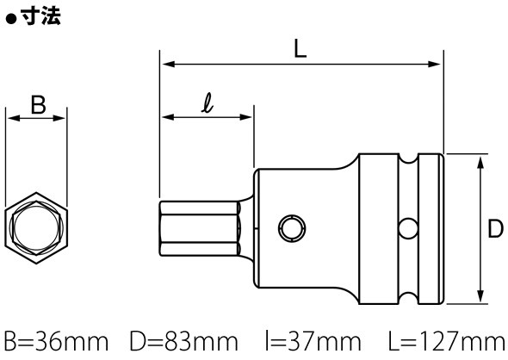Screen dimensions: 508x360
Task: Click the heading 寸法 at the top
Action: [x=40, y=16]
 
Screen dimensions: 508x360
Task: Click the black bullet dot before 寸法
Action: [x=11, y=19]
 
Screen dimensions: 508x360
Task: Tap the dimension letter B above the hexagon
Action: [x=38, y=105]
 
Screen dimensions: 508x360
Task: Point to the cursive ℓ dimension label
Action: [x=208, y=102]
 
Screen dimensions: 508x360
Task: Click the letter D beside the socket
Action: [x=495, y=229]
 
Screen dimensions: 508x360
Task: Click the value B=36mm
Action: [x=56, y=341]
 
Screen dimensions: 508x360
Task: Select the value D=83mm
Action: [x=183, y=341]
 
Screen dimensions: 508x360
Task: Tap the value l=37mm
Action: [x=313, y=341]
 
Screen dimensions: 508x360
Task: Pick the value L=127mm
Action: [x=447, y=341]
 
